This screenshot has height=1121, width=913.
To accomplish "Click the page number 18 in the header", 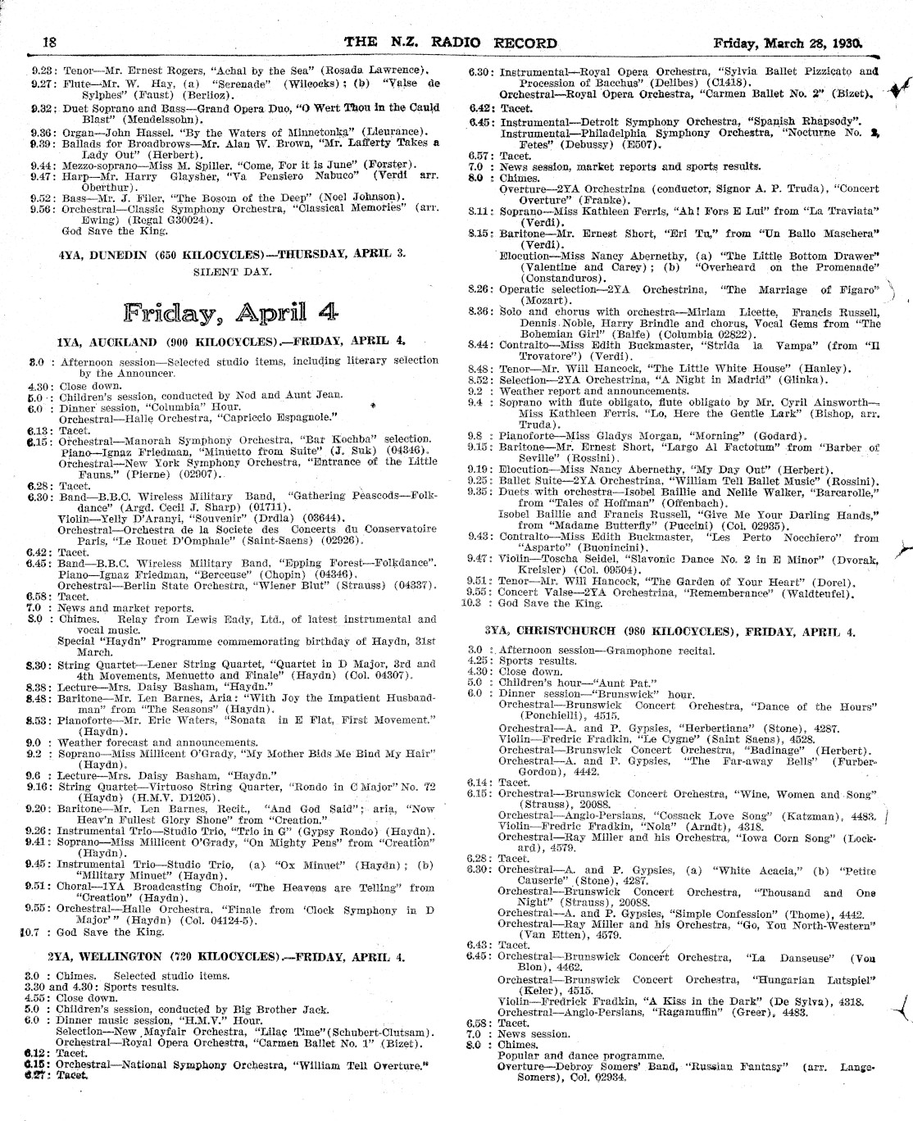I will pyautogui.click(x=48, y=42).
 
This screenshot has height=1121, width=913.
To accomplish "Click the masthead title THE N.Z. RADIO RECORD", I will pyautogui.click(x=451, y=43).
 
